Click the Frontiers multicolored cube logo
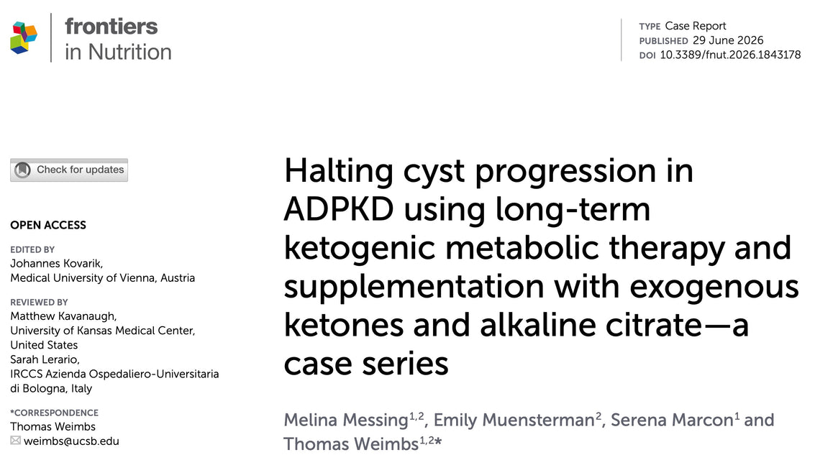24,37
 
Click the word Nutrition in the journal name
129,52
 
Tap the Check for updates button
69,170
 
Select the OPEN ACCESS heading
48,225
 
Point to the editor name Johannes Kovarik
57,263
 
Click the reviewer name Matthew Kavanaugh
63,316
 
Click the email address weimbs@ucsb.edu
71,441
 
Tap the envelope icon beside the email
16,441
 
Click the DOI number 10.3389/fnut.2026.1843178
730,55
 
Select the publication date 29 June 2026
728,40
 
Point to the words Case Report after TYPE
696,26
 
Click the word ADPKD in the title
338,208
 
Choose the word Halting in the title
338,171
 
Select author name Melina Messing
346,420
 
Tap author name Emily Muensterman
514,420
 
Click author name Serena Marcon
672,420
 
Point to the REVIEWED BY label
39,302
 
